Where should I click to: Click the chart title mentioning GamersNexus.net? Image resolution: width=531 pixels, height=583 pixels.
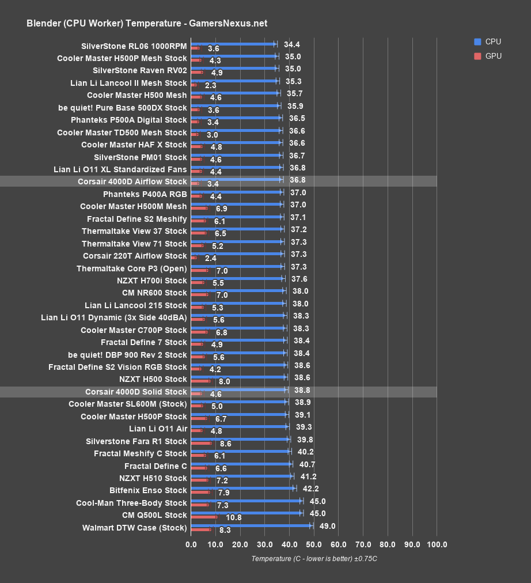147,24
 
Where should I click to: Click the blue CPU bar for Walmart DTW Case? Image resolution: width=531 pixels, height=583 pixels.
251,526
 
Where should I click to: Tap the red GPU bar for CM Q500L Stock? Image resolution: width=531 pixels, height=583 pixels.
204,517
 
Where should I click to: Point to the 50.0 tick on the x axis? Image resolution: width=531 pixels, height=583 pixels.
314,544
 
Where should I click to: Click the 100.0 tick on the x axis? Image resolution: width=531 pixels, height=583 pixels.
437,544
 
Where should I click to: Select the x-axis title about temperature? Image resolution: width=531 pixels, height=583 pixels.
314,559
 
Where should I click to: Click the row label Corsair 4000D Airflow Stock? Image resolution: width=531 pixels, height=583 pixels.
132,181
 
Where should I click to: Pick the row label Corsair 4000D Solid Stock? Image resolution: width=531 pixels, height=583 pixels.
136,392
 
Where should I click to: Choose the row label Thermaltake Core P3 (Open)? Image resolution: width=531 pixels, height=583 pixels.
132,268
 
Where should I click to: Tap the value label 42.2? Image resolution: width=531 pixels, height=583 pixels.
309,489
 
